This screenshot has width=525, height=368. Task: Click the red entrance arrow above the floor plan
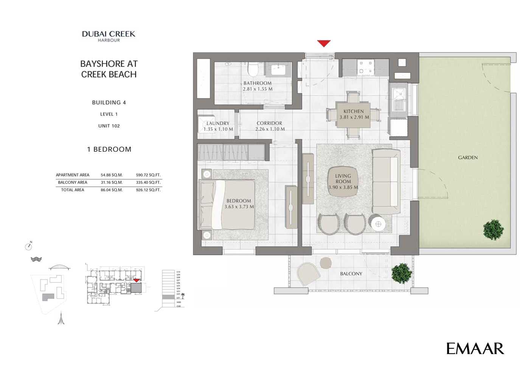(324, 43)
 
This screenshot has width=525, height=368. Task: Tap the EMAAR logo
(475, 348)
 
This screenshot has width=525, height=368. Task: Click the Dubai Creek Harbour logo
(109, 36)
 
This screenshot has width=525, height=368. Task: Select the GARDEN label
(468, 158)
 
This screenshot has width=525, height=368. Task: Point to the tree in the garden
(493, 229)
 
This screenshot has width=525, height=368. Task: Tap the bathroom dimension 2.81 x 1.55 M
(257, 89)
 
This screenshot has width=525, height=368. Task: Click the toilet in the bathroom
(253, 69)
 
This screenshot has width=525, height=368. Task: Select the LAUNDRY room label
(217, 123)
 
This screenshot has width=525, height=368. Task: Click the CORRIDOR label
(269, 123)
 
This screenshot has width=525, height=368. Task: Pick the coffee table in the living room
(343, 182)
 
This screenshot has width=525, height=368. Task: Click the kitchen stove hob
(365, 67)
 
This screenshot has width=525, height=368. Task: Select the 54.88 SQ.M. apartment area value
(112, 175)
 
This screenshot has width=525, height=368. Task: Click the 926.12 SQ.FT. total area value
(148, 190)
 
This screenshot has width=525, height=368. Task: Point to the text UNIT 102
(109, 126)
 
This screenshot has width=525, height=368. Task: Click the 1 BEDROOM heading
(109, 149)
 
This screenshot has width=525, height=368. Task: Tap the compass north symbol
(28, 246)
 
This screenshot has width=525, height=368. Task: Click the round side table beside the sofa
(378, 224)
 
